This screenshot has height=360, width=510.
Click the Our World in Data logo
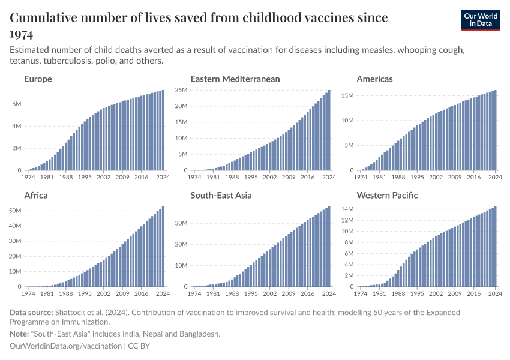pos(480,20)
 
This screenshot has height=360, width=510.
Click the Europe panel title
pos(38,79)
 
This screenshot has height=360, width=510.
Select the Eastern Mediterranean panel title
pos(235,79)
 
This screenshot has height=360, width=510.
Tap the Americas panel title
pos(375,79)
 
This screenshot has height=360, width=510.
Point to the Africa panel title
pos(36,195)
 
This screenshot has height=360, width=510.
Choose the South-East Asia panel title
pos(221,195)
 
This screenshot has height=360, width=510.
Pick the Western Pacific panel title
pos(387,195)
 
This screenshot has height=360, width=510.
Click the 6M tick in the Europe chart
pos(17,104)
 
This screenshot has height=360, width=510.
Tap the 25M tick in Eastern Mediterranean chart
pos(181,90)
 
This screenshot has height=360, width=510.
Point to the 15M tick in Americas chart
pos(348,95)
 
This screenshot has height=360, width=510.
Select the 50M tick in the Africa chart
pos(14,211)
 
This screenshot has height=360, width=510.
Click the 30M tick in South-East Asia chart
pos(181,223)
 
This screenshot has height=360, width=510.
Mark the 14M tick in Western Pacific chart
pos(348,209)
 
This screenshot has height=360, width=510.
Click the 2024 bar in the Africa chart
pos(163,247)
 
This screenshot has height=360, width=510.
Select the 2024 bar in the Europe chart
pos(163,130)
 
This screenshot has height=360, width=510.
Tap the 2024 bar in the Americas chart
pos(495,130)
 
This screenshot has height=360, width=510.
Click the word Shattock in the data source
pos(70,313)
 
